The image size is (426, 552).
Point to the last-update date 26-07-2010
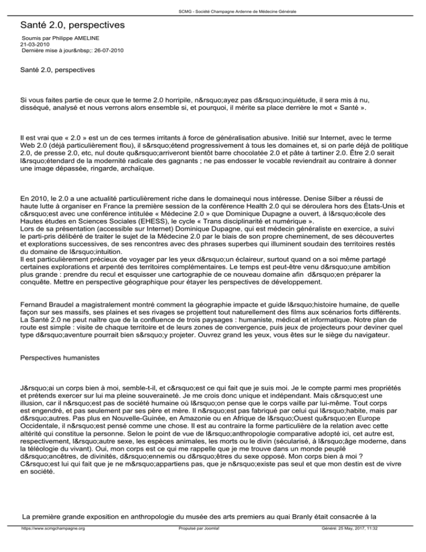(x=105, y=50)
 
